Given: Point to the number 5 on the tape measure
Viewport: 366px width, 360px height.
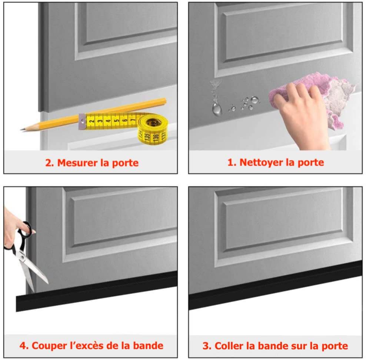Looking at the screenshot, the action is pos(116,120).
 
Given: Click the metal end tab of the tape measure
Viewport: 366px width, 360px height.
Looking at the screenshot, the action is pos(82,121).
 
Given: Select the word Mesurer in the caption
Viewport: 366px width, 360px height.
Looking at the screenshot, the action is pos(78,163).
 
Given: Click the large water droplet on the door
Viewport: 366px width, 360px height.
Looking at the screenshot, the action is pos(217,109).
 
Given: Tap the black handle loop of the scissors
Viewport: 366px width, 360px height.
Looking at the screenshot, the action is pos(25,229).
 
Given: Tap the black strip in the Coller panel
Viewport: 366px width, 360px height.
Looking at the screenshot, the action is pos(276,285).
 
